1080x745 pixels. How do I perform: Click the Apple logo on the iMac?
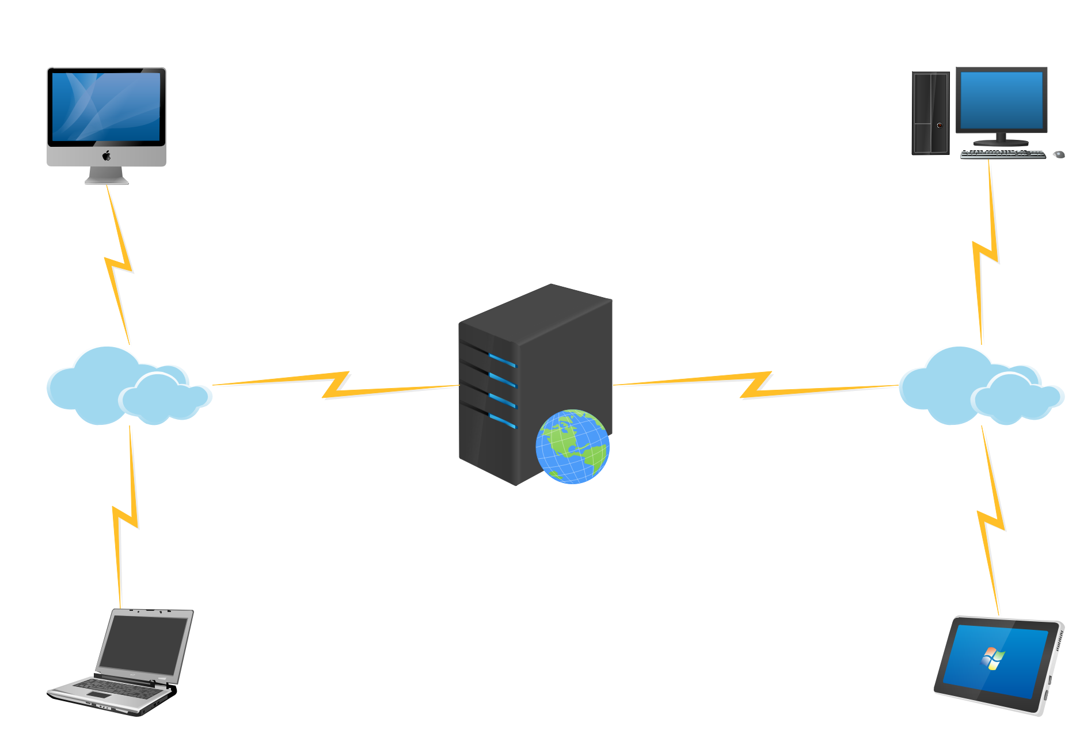pyautogui.click(x=107, y=155)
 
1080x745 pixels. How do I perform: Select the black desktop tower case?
pyautogui.click(x=930, y=113)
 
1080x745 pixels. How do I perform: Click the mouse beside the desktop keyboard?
pyautogui.click(x=1059, y=154)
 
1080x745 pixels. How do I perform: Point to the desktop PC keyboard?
pyautogui.click(x=1003, y=154)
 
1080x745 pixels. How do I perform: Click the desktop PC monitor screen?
pyautogui.click(x=1001, y=100)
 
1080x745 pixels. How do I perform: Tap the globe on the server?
pyautogui.click(x=572, y=447)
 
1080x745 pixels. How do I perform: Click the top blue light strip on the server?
pyautogui.click(x=503, y=360)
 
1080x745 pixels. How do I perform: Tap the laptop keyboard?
pyautogui.click(x=115, y=687)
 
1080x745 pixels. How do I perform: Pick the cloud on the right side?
pyautogui.click(x=979, y=386)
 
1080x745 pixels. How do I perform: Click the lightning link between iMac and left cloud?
pyautogui.click(x=119, y=264)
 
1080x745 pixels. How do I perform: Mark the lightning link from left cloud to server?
pyautogui.click(x=336, y=385)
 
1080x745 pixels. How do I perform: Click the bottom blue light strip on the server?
pyautogui.click(x=503, y=421)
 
